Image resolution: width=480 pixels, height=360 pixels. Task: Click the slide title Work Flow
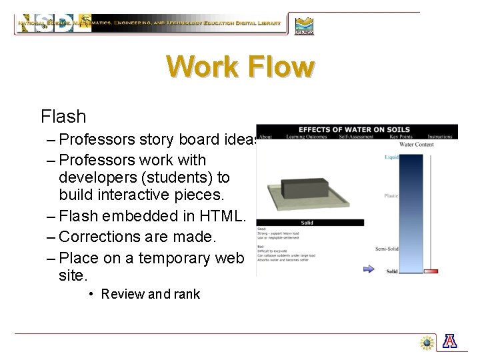(x=240, y=67)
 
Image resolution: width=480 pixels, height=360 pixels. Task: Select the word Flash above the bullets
(x=63, y=117)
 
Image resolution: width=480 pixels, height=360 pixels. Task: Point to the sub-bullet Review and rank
(x=150, y=294)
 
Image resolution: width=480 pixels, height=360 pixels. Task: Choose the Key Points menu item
(x=401, y=137)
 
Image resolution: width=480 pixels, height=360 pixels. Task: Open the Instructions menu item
(x=440, y=137)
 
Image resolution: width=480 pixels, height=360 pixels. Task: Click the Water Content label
(x=416, y=144)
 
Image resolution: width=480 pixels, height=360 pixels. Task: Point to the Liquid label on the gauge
(x=391, y=157)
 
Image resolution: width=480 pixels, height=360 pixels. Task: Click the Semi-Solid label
(x=387, y=249)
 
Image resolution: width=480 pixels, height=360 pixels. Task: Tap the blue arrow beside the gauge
(x=369, y=269)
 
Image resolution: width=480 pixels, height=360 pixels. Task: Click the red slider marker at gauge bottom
(x=431, y=271)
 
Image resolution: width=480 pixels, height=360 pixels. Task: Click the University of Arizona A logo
(x=450, y=341)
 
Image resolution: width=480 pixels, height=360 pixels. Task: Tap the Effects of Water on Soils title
(x=354, y=129)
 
